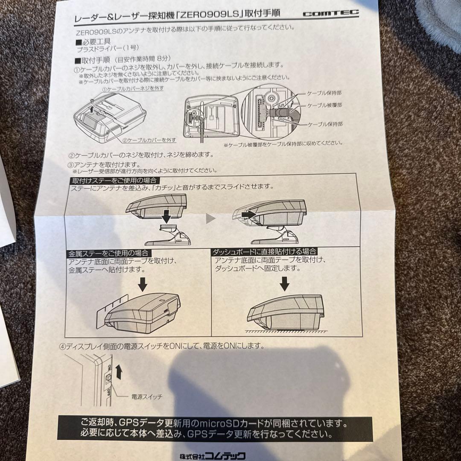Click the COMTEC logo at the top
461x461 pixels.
click(x=331, y=14)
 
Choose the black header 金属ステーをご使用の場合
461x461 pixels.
click(x=110, y=254)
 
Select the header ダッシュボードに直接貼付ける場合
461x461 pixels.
click(x=265, y=252)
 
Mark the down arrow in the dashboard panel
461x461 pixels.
click(x=285, y=283)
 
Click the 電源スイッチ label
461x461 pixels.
click(x=146, y=397)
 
